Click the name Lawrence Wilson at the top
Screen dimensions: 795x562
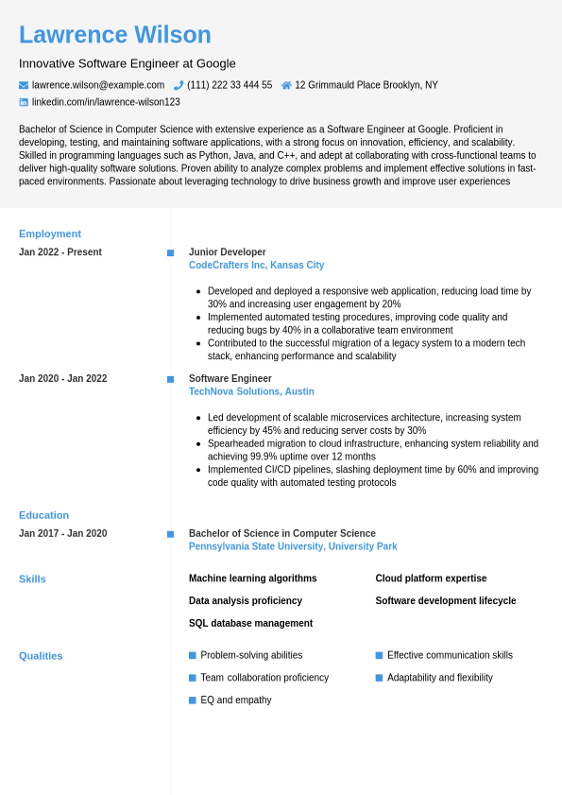coord(115,35)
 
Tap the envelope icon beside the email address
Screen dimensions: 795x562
coord(24,85)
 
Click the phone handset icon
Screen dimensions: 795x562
coord(179,85)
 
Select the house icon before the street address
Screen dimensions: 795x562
coord(286,85)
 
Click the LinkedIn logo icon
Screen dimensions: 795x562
coord(24,102)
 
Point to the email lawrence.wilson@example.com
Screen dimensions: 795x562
coord(98,85)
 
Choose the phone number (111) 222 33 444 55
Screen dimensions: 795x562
coord(230,85)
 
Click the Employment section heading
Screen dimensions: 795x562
coord(50,233)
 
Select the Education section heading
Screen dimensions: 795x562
coord(44,515)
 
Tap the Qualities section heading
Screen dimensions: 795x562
coord(41,656)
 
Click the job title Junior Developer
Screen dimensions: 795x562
coord(228,252)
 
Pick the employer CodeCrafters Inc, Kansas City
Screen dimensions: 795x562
coord(256,266)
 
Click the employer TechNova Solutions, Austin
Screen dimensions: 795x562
coord(251,391)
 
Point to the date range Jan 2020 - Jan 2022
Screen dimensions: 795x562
coord(63,379)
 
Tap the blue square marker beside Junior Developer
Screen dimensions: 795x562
coord(170,252)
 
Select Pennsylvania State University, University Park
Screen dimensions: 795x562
coord(293,546)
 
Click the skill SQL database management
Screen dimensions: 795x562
coord(250,624)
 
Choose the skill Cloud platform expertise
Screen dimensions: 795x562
coord(431,579)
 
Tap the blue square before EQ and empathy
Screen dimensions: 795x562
coord(193,700)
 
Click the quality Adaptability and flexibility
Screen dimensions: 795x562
coord(439,678)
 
